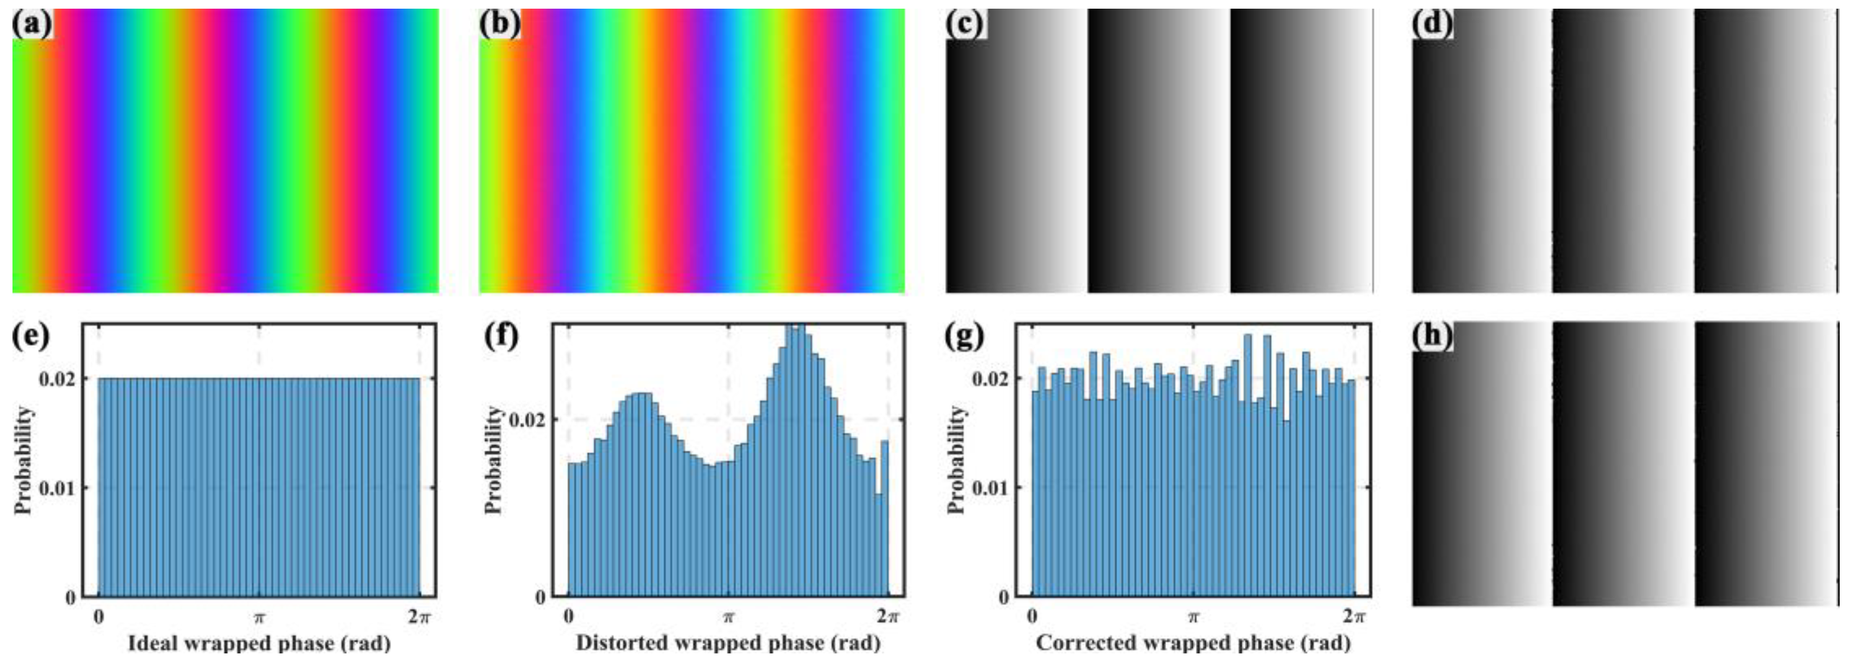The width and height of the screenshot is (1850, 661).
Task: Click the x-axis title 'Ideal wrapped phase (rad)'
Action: click(259, 643)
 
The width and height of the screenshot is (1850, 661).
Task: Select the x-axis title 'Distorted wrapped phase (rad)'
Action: click(728, 643)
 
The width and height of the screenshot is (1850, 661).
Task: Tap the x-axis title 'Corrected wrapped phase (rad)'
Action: click(1193, 643)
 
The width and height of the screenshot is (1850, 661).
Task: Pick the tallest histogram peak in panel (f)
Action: click(795, 330)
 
